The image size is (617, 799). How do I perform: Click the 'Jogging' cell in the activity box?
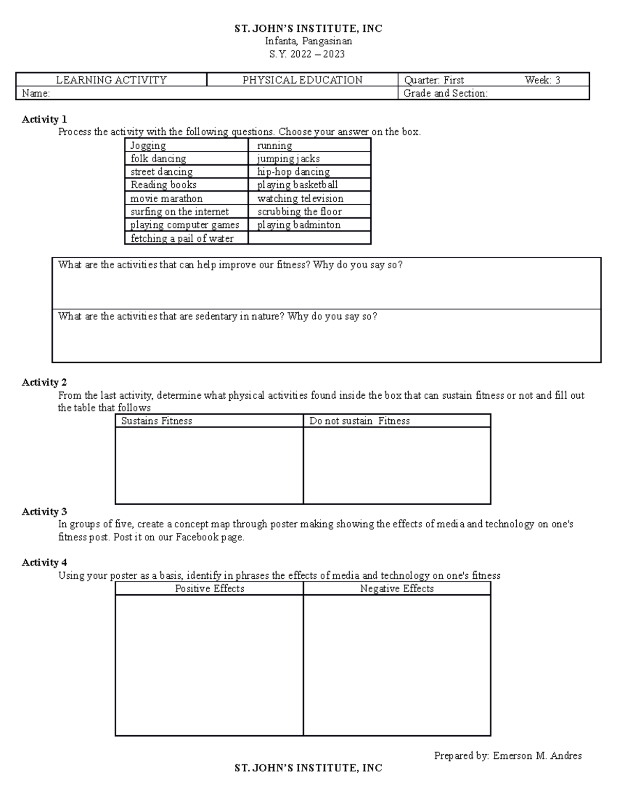(148, 146)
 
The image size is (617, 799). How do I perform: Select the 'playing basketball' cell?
(297, 185)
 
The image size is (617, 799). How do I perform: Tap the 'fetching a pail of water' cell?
(182, 238)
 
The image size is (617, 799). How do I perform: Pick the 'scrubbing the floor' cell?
(299, 211)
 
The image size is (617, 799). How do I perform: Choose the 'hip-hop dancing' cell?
(293, 172)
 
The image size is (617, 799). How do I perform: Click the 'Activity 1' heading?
(44, 119)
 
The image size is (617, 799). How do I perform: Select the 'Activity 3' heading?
(44, 511)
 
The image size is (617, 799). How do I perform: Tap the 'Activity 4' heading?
(44, 562)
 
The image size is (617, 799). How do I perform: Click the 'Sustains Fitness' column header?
(156, 421)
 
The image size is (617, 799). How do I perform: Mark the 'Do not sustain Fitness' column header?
(359, 421)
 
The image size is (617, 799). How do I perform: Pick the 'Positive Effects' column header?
(209, 589)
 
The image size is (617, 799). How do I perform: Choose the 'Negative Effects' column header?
(397, 589)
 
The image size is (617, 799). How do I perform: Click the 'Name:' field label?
(35, 94)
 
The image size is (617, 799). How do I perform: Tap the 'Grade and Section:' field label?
(445, 94)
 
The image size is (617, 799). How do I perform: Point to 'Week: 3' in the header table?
(542, 80)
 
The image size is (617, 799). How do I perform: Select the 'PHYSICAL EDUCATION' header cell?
(302, 80)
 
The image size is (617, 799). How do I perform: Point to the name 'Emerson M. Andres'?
(537, 756)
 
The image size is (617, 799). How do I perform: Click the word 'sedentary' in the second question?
(216, 316)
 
